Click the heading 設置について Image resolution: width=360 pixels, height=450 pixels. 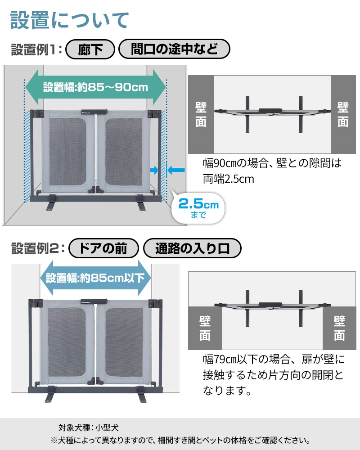pyautogui.click(x=69, y=20)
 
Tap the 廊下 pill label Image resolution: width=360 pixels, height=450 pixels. pyautogui.click(x=90, y=49)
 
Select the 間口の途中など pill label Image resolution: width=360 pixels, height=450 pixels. pyautogui.click(x=174, y=49)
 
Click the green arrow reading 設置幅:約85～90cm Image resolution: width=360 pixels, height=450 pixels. pyautogui.click(x=95, y=87)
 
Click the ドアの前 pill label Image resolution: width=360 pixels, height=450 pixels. pyautogui.click(x=103, y=248)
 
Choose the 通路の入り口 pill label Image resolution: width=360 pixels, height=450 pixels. pyautogui.click(x=192, y=248)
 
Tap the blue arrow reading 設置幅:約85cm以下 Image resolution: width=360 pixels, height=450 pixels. pyautogui.click(x=95, y=278)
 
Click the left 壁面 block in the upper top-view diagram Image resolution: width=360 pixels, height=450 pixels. pyautogui.click(x=201, y=114)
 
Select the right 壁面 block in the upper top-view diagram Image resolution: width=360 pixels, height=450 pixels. pyautogui.click(x=343, y=114)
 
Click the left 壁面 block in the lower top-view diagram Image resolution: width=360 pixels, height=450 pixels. pyautogui.click(x=205, y=328)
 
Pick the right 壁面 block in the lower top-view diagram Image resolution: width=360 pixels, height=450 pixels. pyautogui.click(x=339, y=328)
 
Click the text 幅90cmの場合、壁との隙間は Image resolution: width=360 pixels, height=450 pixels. pyautogui.click(x=272, y=163)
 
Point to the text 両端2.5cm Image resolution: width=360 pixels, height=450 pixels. pyautogui.click(x=229, y=179)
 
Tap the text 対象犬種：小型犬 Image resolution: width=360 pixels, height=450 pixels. pyautogui.click(x=88, y=427)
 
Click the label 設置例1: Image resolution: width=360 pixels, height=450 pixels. pyautogui.click(x=36, y=49)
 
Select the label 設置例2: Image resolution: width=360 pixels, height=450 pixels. pyautogui.click(x=38, y=248)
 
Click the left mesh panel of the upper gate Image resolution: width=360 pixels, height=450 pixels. pyautogui.click(x=67, y=152)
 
